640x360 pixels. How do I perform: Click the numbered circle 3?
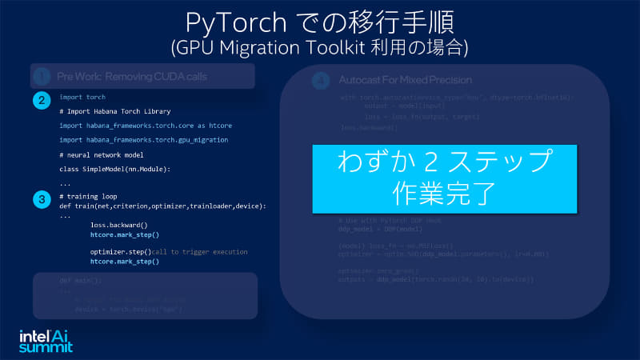pos(41,199)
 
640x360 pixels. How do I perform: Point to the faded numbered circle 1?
pos(42,77)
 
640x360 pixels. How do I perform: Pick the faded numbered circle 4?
pos(320,81)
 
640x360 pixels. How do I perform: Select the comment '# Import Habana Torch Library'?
pos(115,111)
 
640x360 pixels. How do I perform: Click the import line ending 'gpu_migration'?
pos(143,140)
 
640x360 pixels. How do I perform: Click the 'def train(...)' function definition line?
pos(162,206)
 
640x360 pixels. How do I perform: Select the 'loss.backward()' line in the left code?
pos(119,226)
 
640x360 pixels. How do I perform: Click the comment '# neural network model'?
pos(102,154)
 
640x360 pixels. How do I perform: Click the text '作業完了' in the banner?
pos(444,193)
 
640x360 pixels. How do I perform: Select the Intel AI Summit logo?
pos(46,341)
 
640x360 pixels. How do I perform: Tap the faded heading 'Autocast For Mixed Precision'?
pos(405,80)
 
